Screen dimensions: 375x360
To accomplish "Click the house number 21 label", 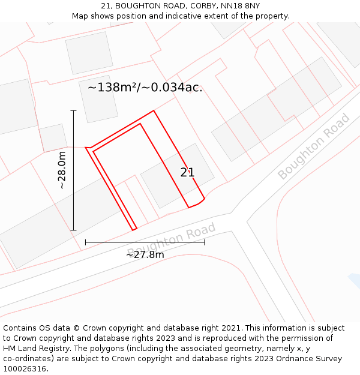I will tap(187, 173).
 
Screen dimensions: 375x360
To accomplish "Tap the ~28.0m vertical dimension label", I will tap(62, 170).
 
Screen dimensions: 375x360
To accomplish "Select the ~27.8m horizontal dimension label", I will tap(145, 254).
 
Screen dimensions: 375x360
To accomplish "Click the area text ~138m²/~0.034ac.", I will tap(145, 88).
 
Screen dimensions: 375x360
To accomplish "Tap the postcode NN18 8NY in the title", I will tap(240, 6).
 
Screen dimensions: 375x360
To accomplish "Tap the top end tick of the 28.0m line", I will tap(73, 110).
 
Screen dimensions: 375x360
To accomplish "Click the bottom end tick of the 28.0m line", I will tap(73, 230).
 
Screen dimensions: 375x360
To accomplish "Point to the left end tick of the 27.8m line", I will tap(85, 242).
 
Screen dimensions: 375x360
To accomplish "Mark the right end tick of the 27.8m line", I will tap(205, 242).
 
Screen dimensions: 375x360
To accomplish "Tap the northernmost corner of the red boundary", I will tap(154, 110).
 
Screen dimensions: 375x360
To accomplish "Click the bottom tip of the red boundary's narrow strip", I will tap(134, 229).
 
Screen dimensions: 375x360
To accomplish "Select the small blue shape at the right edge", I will tap(355, 280).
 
